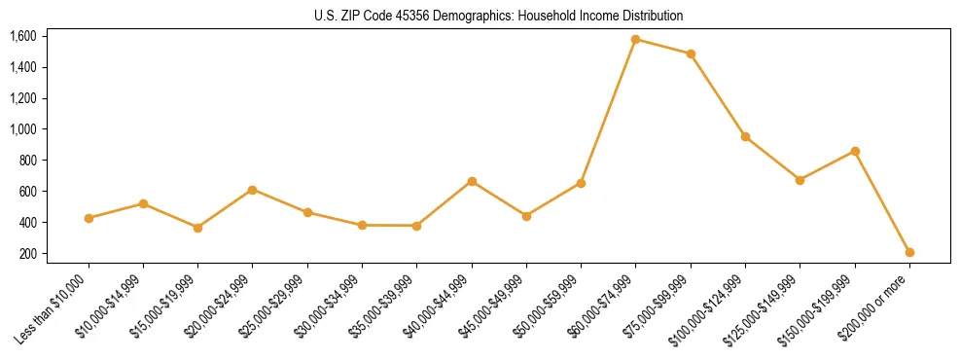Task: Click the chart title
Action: (499, 16)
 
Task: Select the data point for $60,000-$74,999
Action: (636, 40)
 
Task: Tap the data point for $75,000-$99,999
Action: (691, 54)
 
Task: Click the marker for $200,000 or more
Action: (909, 252)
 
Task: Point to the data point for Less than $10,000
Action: (89, 218)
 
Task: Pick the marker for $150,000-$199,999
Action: (855, 151)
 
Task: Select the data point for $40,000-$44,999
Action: (472, 181)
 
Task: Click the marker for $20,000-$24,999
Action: (253, 190)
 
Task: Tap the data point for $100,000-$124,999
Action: (745, 136)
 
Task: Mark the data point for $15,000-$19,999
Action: (198, 228)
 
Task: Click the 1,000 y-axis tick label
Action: (23, 129)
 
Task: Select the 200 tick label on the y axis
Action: (28, 254)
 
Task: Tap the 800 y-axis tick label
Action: (28, 161)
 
